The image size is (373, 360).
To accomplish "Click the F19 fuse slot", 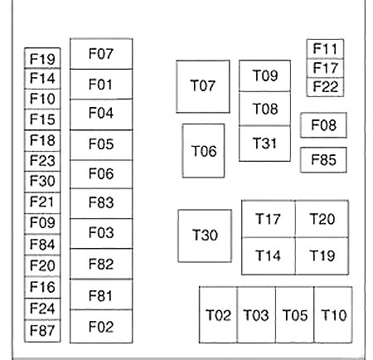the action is point(42,58).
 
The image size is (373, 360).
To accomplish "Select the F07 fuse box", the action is point(101,54).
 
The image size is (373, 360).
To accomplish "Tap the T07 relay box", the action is point(203,86).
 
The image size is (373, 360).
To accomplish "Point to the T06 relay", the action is point(203,151).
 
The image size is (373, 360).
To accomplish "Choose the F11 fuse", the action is point(325,49).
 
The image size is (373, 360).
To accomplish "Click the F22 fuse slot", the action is point(325,87).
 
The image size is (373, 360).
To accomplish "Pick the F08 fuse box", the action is point(323,125).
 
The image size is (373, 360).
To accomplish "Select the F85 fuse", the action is point(323,160).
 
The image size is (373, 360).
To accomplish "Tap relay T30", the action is point(205,236).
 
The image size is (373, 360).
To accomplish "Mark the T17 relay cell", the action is point(269,219).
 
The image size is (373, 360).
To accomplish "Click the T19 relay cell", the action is point(322,256).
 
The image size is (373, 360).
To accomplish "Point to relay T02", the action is point(218,315).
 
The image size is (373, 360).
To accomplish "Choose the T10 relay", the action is point(333,315).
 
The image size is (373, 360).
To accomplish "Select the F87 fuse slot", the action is point(42,331).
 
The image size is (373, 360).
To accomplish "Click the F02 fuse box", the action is point(101,327).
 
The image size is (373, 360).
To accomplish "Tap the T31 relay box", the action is point(264,144).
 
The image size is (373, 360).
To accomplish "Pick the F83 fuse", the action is point(101,203).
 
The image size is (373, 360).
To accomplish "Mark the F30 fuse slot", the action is point(42,182).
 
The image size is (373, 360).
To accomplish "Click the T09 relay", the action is point(264,75).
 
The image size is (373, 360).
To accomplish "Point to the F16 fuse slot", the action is point(42,288).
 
